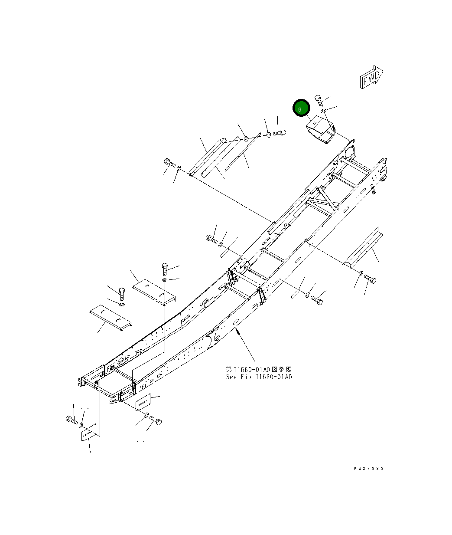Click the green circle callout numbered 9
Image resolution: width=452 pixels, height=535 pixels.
[301, 108]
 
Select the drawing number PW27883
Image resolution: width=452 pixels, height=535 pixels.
[368, 469]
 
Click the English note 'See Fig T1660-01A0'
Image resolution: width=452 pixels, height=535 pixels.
[259, 377]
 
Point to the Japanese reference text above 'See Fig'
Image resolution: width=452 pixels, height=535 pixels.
[259, 369]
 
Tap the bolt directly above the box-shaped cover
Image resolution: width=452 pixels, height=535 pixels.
[318, 101]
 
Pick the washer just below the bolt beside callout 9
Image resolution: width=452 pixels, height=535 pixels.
[324, 112]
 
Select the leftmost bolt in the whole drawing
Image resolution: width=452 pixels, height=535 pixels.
[71, 419]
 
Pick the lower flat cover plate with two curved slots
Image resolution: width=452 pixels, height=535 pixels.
[110, 318]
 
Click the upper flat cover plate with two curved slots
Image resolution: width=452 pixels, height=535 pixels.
[155, 290]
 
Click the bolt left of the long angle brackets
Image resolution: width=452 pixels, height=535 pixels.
[169, 163]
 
